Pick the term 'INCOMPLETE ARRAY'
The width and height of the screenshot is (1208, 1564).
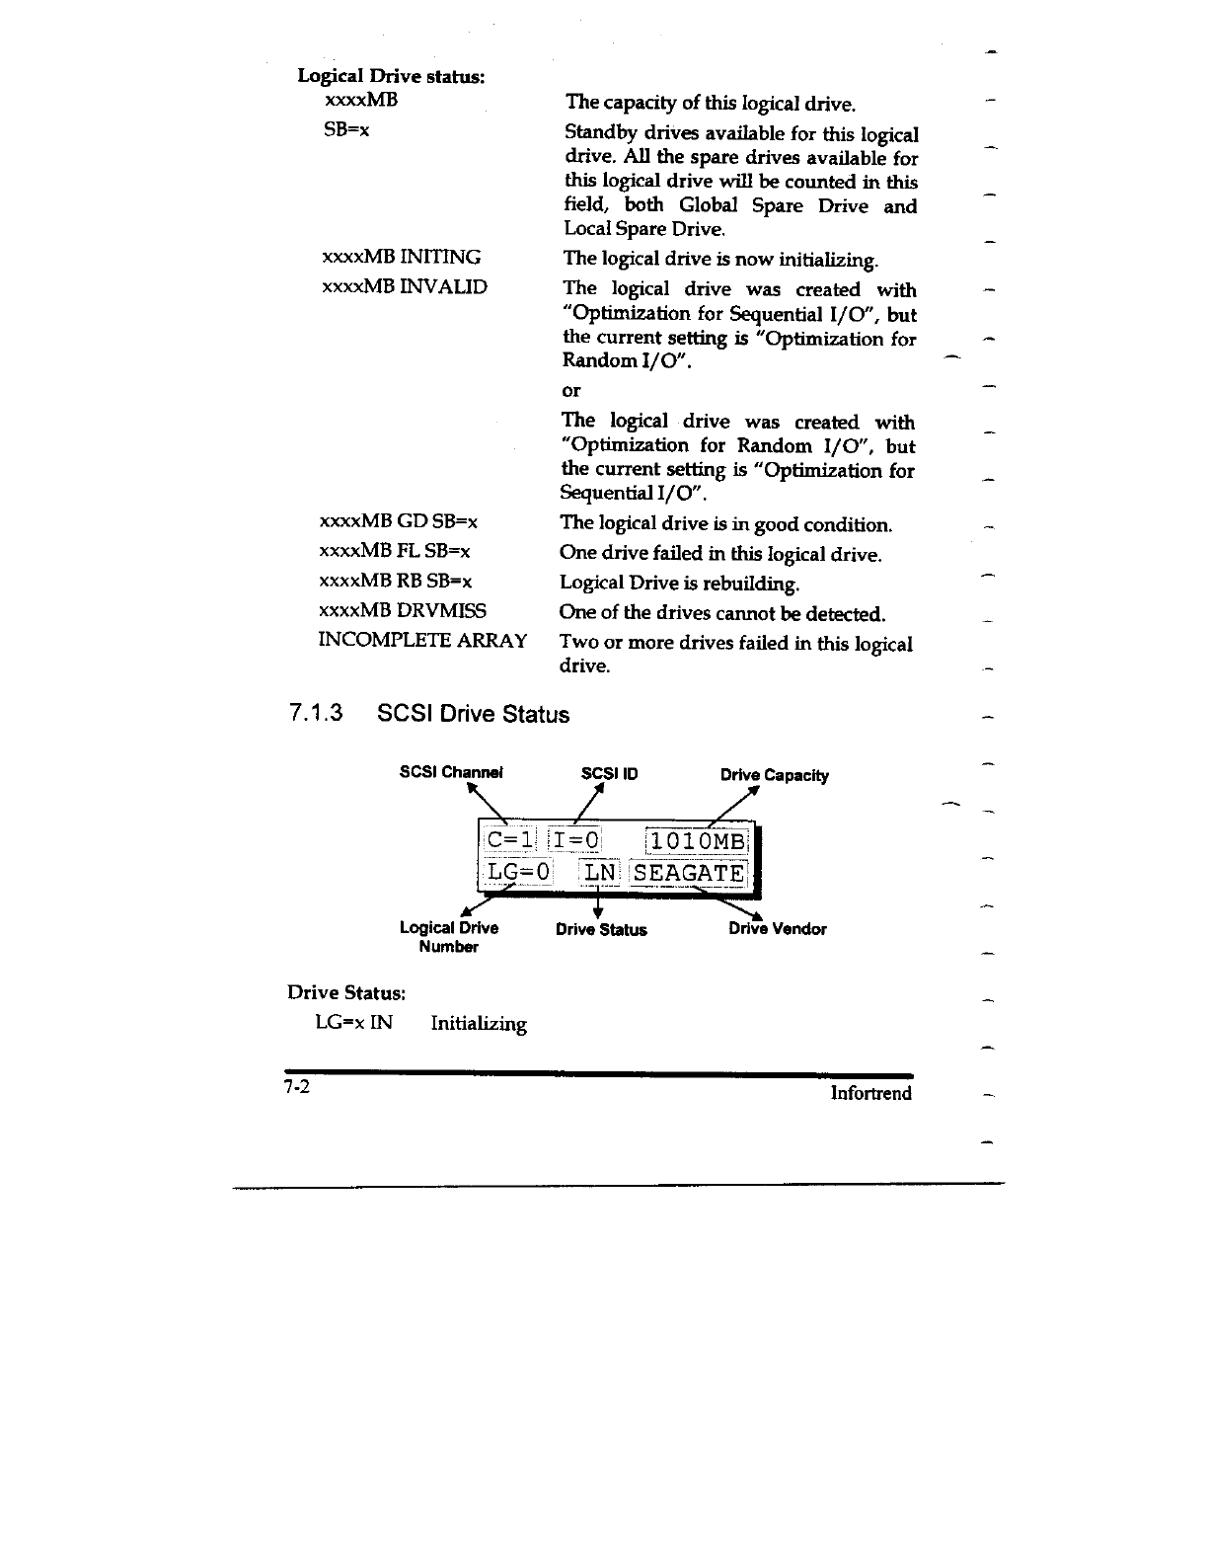422,640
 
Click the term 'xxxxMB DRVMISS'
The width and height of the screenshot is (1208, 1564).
403,610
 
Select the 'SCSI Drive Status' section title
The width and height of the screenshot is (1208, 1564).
474,714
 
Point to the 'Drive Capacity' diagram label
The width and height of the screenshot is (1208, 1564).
775,775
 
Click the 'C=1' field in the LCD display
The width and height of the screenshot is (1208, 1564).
510,840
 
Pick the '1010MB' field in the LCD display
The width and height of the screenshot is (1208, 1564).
698,840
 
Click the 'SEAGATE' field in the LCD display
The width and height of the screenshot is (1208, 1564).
690,873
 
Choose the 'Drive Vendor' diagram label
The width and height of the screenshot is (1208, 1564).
778,929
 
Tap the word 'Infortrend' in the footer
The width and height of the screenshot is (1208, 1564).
870,1093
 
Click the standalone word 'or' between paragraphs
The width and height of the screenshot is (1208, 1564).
571,391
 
